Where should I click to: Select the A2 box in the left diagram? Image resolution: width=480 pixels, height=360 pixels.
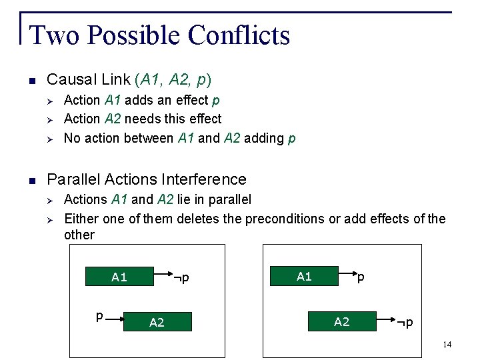click(x=157, y=323)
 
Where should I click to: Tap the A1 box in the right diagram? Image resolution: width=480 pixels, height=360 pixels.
click(x=304, y=276)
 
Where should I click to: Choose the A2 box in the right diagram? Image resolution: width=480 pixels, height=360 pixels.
click(x=341, y=322)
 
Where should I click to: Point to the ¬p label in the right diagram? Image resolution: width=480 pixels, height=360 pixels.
click(x=405, y=323)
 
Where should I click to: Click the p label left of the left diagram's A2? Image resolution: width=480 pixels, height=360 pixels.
click(x=99, y=316)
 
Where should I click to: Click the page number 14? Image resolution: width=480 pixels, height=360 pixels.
click(x=446, y=344)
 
